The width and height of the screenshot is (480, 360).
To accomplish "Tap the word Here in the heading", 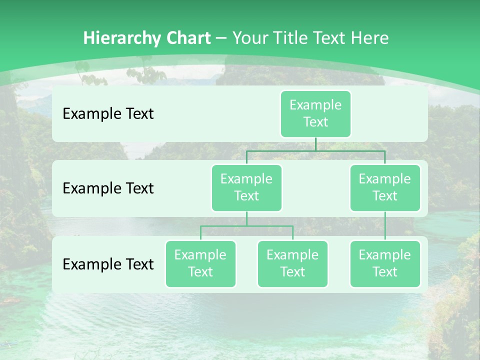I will (370, 38).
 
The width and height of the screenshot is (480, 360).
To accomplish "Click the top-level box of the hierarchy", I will (315, 113).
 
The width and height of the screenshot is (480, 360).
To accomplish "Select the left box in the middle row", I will (246, 187).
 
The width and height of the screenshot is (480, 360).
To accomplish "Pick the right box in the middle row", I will (385, 187).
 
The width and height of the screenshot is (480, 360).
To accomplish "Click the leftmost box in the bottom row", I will (200, 263).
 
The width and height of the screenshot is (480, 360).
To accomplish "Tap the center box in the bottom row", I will (292, 263).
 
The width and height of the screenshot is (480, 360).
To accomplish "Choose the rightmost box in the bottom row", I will (385, 263).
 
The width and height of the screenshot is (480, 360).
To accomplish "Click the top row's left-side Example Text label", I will (108, 114).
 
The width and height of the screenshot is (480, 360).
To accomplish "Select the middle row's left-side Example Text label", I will (108, 188).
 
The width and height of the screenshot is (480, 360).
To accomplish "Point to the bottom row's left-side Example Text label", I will (108, 264).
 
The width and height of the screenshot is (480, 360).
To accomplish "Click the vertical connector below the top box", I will (315, 144).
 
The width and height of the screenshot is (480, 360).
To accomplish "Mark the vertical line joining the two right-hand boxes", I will (385, 226).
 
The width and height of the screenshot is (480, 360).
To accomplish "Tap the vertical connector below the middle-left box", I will (246, 218).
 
